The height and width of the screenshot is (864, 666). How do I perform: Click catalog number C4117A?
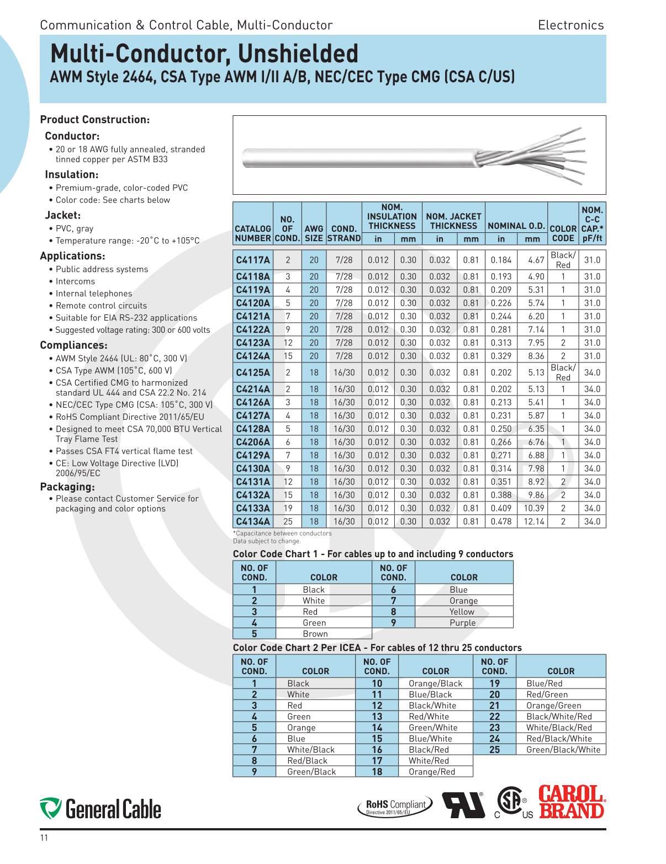pos(253,260)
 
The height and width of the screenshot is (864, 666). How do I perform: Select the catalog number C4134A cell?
pos(253,521)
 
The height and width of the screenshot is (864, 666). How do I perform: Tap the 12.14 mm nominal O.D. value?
pos(533,521)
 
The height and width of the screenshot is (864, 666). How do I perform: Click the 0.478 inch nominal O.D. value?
pos(501,521)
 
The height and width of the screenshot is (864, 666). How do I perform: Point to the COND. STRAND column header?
pos(343,233)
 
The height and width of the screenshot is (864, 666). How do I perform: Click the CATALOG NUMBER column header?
pos(253,233)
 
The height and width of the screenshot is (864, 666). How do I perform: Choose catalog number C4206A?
pos(253,442)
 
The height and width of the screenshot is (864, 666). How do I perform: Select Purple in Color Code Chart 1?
pos(462,623)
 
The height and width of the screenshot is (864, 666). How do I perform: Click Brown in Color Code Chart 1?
pos(315,634)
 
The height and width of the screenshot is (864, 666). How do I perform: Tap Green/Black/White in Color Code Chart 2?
pos(563,750)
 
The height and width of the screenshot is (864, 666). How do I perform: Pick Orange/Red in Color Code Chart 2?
pos(432,772)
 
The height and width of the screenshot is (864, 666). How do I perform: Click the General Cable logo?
pos(101,809)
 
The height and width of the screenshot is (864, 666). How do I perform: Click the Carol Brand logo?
pos(572,802)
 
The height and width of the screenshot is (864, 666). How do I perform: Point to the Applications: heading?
pos(72,256)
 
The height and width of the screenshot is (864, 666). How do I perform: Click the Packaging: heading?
pos(67,487)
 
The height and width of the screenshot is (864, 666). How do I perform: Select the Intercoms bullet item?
pos(75,281)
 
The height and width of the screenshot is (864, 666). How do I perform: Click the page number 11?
pos(44,838)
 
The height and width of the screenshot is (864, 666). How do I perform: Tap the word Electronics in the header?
pos(570,25)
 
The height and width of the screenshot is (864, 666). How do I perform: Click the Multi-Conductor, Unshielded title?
pos(204,54)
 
